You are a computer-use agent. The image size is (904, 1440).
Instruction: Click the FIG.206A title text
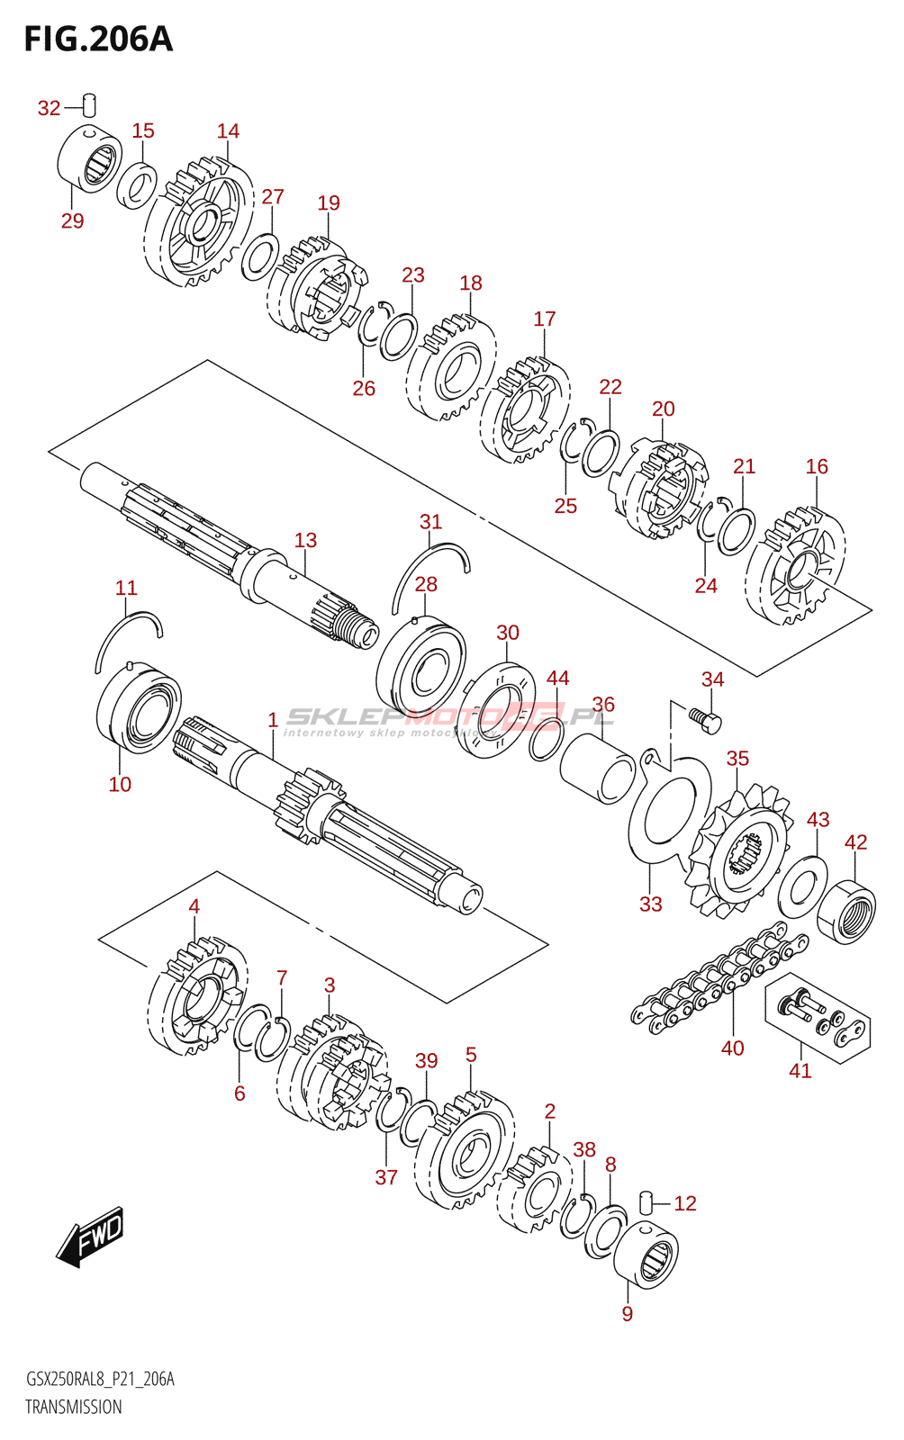coord(97,40)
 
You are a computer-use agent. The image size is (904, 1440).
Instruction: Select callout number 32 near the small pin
coord(49,109)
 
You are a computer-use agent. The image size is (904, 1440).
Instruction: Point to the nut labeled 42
coord(846,911)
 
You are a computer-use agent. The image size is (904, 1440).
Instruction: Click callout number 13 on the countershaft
coord(305,540)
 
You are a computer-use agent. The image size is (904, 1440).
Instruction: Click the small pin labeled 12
coord(645,1201)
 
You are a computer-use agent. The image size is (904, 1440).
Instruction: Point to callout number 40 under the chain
coord(732,1048)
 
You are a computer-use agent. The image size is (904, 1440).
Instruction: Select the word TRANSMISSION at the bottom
coord(73,1407)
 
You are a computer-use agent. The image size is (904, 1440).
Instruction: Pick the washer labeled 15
coord(138,186)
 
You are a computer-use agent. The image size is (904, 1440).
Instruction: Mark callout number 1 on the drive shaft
coord(273,720)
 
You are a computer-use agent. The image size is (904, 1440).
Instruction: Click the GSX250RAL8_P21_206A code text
coord(100,1379)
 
